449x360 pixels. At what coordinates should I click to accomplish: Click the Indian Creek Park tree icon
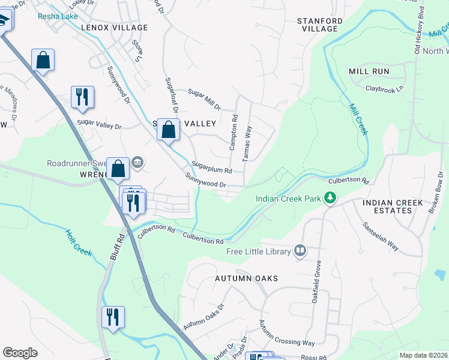point(330,197)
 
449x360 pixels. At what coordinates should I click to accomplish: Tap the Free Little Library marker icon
point(300,251)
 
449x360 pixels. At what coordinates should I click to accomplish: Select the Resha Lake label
point(58,16)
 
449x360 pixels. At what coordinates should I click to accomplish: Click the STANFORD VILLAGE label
point(320,25)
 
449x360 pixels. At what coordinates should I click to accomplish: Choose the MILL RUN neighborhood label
point(369,71)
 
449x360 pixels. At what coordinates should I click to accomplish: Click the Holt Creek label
point(78,243)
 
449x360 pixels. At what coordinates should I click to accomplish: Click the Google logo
point(20,353)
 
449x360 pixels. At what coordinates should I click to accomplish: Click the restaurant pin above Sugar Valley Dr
point(82,97)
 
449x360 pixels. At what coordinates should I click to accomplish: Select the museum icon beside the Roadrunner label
point(137,162)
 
